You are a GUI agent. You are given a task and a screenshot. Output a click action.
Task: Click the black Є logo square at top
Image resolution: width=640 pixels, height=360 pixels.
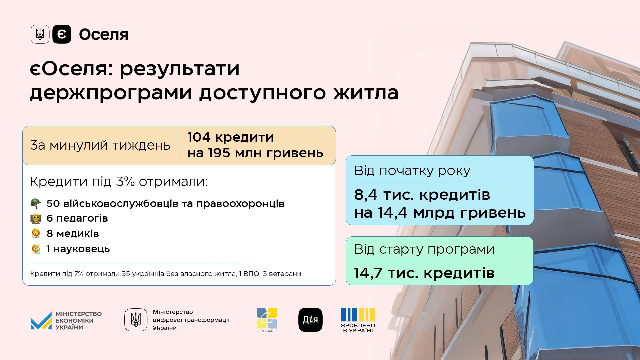pyautogui.click(x=62, y=34)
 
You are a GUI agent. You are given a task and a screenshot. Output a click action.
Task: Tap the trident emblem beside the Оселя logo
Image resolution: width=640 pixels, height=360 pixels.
pyautogui.click(x=40, y=34)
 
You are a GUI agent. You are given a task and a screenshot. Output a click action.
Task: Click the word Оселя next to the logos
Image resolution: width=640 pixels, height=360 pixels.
pyautogui.click(x=104, y=34)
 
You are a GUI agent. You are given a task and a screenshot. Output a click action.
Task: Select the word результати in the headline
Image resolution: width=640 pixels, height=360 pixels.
pyautogui.click(x=180, y=69)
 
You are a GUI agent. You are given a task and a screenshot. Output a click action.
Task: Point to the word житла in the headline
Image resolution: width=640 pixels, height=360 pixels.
pyautogui.click(x=366, y=93)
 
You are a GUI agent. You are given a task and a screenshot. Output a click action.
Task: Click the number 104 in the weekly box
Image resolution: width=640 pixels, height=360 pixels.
pyautogui.click(x=199, y=137)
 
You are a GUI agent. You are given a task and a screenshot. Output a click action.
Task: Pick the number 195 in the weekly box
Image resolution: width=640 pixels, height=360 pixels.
pyautogui.click(x=219, y=153)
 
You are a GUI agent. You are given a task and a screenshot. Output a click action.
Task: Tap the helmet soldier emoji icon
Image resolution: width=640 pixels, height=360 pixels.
pyautogui.click(x=36, y=203)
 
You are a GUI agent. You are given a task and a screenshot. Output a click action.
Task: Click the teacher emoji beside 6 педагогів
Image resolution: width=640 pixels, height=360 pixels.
pyautogui.click(x=36, y=218)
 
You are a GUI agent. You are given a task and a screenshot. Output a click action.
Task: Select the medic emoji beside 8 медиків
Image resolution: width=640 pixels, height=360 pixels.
pyautogui.click(x=36, y=233)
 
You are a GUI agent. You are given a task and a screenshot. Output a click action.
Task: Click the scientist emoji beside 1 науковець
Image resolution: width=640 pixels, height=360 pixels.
pyautogui.click(x=36, y=249)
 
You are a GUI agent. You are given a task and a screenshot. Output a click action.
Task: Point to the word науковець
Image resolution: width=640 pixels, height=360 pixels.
pyautogui.click(x=82, y=249)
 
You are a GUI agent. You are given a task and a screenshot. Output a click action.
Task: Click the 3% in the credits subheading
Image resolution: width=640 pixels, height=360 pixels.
pyautogui.click(x=125, y=182)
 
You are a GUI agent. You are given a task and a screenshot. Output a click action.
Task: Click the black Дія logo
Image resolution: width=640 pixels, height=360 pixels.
pyautogui.click(x=310, y=320)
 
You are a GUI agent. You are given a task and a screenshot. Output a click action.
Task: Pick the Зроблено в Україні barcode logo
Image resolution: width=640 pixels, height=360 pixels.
pyautogui.click(x=358, y=320)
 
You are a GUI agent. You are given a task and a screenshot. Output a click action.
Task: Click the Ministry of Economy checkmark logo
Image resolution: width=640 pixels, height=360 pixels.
pyautogui.click(x=41, y=321)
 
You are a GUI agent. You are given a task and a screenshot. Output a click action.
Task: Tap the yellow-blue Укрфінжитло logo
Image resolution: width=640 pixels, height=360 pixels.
pyautogui.click(x=267, y=320)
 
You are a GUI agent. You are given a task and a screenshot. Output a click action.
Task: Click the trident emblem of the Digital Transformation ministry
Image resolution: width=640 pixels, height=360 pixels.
pyautogui.click(x=136, y=320)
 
